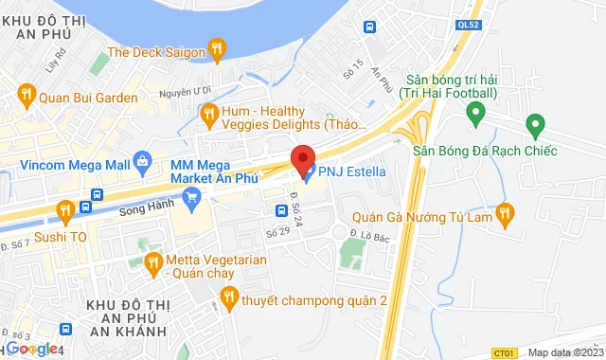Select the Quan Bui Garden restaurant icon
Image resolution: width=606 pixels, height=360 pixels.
tap(25, 95)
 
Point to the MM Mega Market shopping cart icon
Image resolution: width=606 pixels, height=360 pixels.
tap(193, 197)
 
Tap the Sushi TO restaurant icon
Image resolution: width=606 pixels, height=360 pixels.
tap(65, 209)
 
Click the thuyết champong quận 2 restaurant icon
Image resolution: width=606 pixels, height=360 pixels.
tap(227, 298)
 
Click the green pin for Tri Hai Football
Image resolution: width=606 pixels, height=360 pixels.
tap(476, 114)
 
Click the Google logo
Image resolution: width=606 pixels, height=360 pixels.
tap(32, 348)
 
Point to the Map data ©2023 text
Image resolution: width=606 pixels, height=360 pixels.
tap(564, 352)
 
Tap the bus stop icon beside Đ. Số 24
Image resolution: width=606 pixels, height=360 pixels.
tap(281, 210)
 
